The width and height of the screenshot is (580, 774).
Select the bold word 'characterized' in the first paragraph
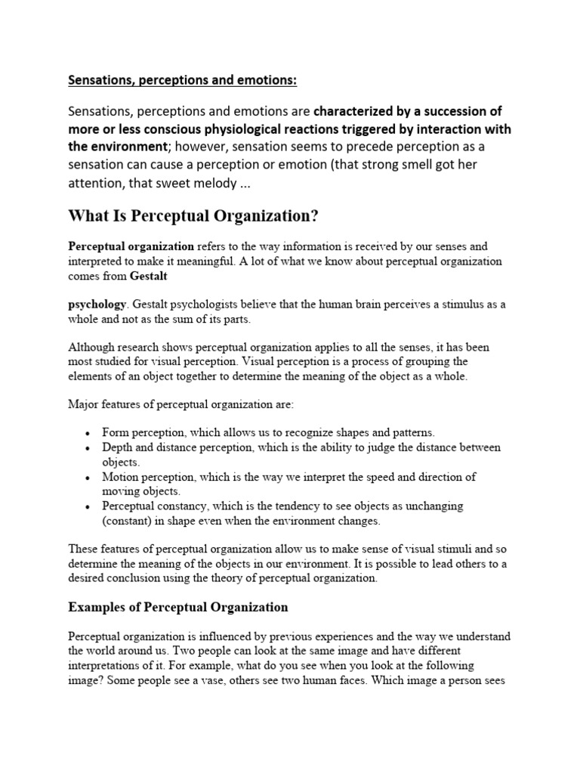pos(352,111)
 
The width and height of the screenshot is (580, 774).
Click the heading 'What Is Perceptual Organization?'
pos(193,217)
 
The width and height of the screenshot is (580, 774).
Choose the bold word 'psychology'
pos(97,304)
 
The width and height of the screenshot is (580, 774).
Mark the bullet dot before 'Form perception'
pos(88,434)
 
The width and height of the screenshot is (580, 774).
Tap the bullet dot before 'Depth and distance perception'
pos(88,448)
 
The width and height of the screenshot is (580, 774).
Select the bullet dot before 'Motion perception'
pos(88,478)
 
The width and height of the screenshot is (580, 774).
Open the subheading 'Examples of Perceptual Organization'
pos(178,607)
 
